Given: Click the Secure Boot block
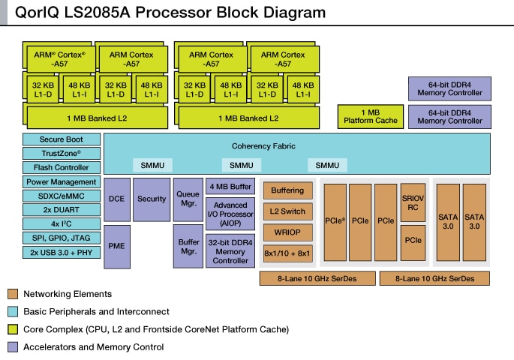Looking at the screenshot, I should [61, 139].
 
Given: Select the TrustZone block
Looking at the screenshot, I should [61, 153].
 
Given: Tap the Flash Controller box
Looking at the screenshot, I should [61, 167].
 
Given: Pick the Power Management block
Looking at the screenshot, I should [61, 181].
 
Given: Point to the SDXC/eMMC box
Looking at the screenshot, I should [61, 196].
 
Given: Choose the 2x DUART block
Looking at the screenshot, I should [61, 209].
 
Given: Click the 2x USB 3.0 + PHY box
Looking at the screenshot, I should [61, 252].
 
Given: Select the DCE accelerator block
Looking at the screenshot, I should [116, 199].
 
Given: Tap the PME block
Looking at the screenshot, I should [116, 246].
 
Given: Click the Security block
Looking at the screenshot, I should [152, 199].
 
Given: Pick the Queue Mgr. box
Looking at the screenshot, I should [188, 199].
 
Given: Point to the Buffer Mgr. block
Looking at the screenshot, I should [188, 246].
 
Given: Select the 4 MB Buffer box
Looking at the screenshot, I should [230, 187].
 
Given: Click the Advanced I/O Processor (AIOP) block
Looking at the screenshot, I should [230, 214].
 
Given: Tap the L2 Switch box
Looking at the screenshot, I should [287, 211].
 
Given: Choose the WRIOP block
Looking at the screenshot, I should [287, 233].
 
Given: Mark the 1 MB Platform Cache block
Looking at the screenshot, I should [371, 116].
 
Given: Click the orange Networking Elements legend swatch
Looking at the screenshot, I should [12, 294].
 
